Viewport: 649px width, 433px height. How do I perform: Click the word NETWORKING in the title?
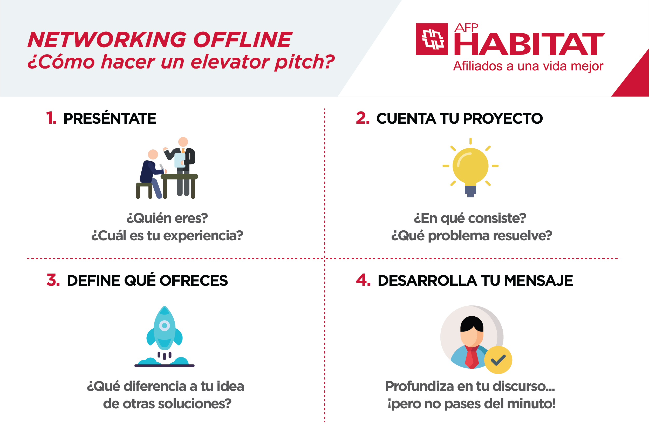107,40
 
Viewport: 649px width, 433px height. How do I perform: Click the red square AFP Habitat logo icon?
432,39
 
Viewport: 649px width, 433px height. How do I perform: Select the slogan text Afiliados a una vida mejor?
528,66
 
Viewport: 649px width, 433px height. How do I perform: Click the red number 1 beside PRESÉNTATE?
51,118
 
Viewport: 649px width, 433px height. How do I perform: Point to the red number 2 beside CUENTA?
363,118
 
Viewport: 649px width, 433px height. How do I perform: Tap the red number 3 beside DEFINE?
53,280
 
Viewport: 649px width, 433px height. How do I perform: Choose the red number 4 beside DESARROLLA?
363,280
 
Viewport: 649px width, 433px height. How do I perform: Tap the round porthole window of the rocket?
164,325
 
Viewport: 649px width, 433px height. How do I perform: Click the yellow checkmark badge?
498,360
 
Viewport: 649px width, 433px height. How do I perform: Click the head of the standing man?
183,142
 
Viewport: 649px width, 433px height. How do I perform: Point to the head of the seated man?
153,154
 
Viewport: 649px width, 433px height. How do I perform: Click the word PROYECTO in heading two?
503,118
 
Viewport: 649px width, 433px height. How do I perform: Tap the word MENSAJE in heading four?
538,281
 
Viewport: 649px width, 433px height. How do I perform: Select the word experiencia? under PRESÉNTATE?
203,236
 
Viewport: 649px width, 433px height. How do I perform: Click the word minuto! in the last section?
531,403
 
